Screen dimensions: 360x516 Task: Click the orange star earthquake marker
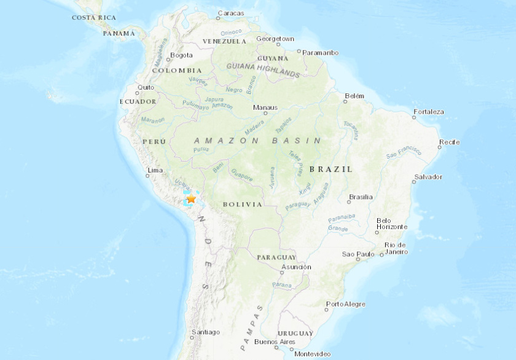[x=191, y=198]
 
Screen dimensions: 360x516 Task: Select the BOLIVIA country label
[x=243, y=204]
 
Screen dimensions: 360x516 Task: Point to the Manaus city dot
[x=257, y=114]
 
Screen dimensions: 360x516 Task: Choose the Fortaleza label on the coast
[x=429, y=112]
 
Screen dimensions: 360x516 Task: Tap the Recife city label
[x=449, y=143]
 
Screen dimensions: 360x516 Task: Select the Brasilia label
[x=361, y=197]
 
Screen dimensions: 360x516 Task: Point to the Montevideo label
[x=312, y=353]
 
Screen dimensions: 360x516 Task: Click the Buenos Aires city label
[x=275, y=342]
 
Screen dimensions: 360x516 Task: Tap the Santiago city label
[x=205, y=332]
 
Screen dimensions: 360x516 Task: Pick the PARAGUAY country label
[x=276, y=257]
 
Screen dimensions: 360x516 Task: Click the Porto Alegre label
[x=346, y=304]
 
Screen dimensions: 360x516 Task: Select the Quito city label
[x=146, y=87]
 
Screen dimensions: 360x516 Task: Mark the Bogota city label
[x=181, y=55]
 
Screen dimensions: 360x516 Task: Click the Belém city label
[x=355, y=96]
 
